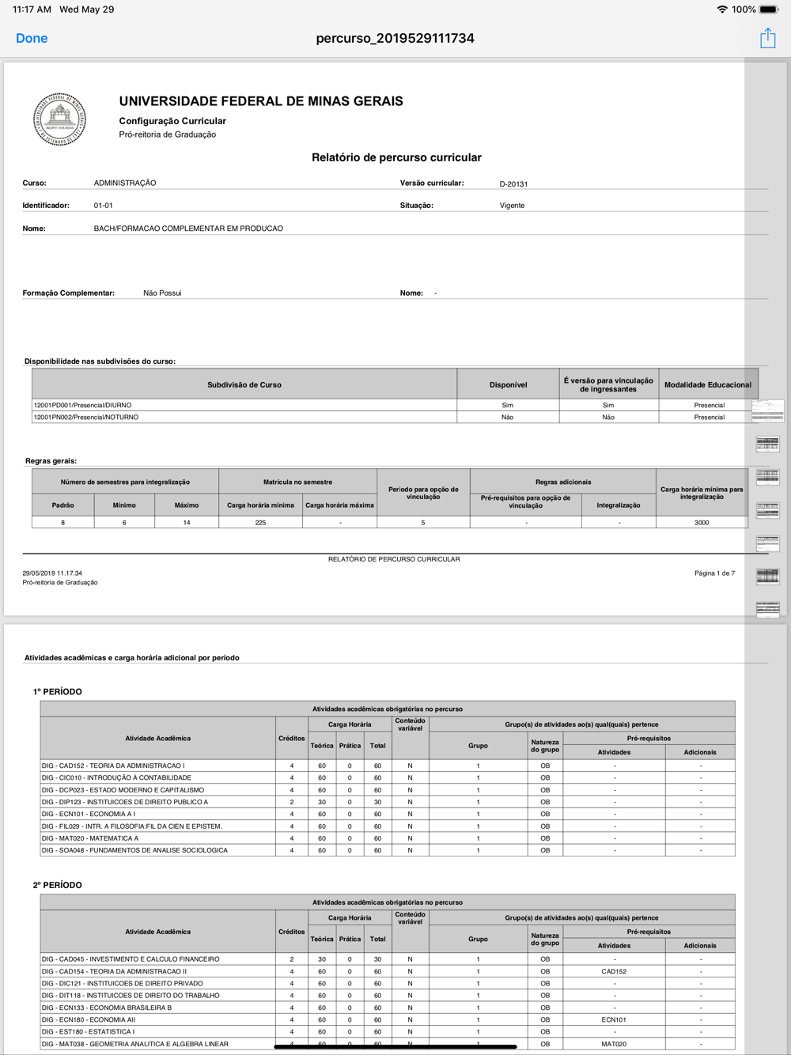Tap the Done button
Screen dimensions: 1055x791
point(32,38)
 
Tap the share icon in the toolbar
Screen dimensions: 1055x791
point(767,38)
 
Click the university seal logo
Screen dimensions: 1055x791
point(59,119)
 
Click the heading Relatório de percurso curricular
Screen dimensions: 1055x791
point(396,157)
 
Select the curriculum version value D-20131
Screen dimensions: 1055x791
point(513,184)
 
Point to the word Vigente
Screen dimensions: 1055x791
point(512,206)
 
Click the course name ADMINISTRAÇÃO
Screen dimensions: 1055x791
point(125,183)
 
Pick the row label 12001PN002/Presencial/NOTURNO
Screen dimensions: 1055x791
point(86,417)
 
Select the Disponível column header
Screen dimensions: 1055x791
point(508,385)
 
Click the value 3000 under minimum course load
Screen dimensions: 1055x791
point(702,523)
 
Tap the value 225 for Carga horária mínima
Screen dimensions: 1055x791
point(260,523)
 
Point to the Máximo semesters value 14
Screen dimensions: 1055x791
point(187,523)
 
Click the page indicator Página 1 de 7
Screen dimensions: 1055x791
point(714,573)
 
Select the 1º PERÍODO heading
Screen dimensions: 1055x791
point(58,692)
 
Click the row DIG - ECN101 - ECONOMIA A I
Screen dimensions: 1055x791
point(89,814)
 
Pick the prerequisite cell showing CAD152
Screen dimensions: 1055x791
point(614,971)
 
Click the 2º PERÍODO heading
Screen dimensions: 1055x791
point(58,885)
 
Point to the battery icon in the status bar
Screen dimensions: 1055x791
point(769,9)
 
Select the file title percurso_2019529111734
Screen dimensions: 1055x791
point(395,38)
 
